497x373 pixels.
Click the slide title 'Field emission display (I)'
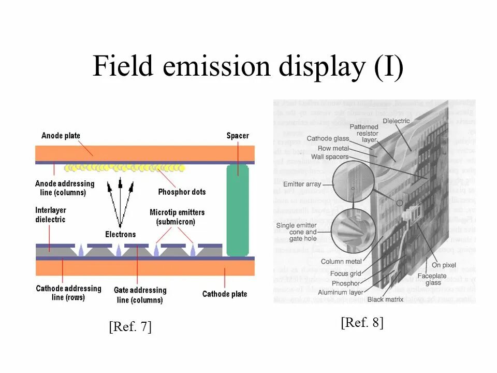tap(247, 67)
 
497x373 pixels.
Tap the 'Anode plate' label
tap(61, 136)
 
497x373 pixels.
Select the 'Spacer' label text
tap(238, 136)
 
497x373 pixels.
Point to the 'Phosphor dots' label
tap(182, 192)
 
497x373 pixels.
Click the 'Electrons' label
tap(120, 234)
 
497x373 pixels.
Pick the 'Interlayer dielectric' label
tap(51, 215)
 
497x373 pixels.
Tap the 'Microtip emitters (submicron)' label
tap(177, 217)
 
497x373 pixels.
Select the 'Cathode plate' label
tap(225, 294)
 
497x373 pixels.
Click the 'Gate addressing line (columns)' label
tap(140, 295)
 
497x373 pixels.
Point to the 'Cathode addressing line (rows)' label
tap(68, 293)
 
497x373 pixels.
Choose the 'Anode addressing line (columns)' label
tap(65, 188)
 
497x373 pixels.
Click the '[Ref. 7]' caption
tap(130, 327)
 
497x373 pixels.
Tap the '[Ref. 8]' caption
tap(362, 322)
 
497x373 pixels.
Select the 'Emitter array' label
tap(302, 184)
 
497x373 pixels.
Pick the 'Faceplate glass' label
tap(434, 279)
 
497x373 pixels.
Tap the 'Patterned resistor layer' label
tap(363, 133)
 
